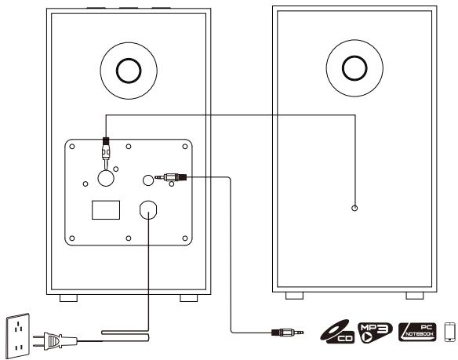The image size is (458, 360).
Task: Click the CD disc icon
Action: click(x=337, y=332)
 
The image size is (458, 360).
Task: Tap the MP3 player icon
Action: click(x=375, y=333)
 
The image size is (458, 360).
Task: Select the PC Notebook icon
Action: click(x=417, y=332)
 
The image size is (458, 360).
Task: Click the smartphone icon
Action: click(x=450, y=332)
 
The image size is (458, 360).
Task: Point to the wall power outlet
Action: click(x=18, y=336)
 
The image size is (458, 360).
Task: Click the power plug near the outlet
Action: click(x=55, y=341)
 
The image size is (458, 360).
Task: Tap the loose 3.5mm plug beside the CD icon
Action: click(x=287, y=333)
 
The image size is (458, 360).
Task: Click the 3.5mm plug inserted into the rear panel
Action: click(x=171, y=176)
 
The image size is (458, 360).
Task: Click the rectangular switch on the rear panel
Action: click(x=106, y=210)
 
